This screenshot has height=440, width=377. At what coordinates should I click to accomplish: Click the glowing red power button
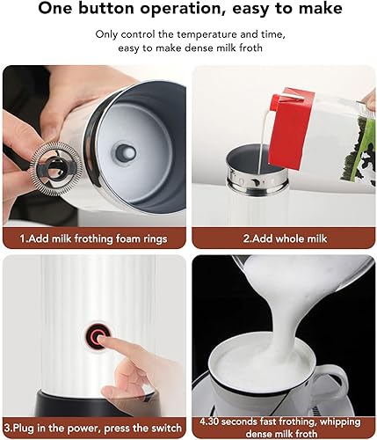(x=98, y=336)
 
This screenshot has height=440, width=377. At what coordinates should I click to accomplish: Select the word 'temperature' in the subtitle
(x=207, y=34)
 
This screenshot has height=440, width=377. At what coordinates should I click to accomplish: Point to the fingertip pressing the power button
(x=100, y=340)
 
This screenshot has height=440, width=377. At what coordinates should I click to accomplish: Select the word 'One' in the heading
(x=55, y=9)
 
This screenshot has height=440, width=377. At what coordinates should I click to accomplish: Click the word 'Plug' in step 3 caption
(x=25, y=429)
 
